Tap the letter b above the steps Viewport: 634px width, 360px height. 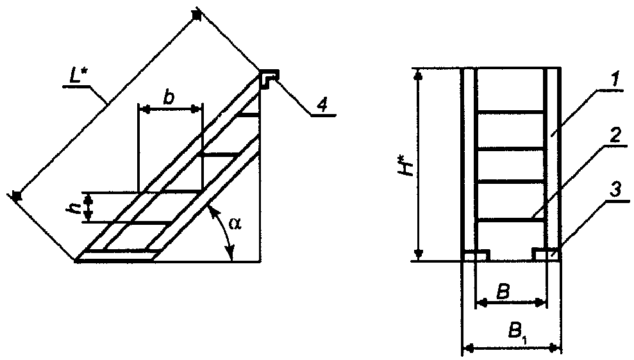coord(169,98)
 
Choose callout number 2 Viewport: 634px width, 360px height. coord(614,136)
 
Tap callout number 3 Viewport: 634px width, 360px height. coord(614,191)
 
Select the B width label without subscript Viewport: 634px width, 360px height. coord(503,291)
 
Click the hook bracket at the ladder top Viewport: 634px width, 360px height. coord(269,78)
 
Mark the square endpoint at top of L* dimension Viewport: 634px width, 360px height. coord(197,15)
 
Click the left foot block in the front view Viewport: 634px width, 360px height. coord(476,256)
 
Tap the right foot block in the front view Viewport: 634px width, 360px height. coord(546,255)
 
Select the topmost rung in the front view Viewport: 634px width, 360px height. coord(511,111)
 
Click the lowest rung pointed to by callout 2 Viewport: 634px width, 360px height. coord(511,220)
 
